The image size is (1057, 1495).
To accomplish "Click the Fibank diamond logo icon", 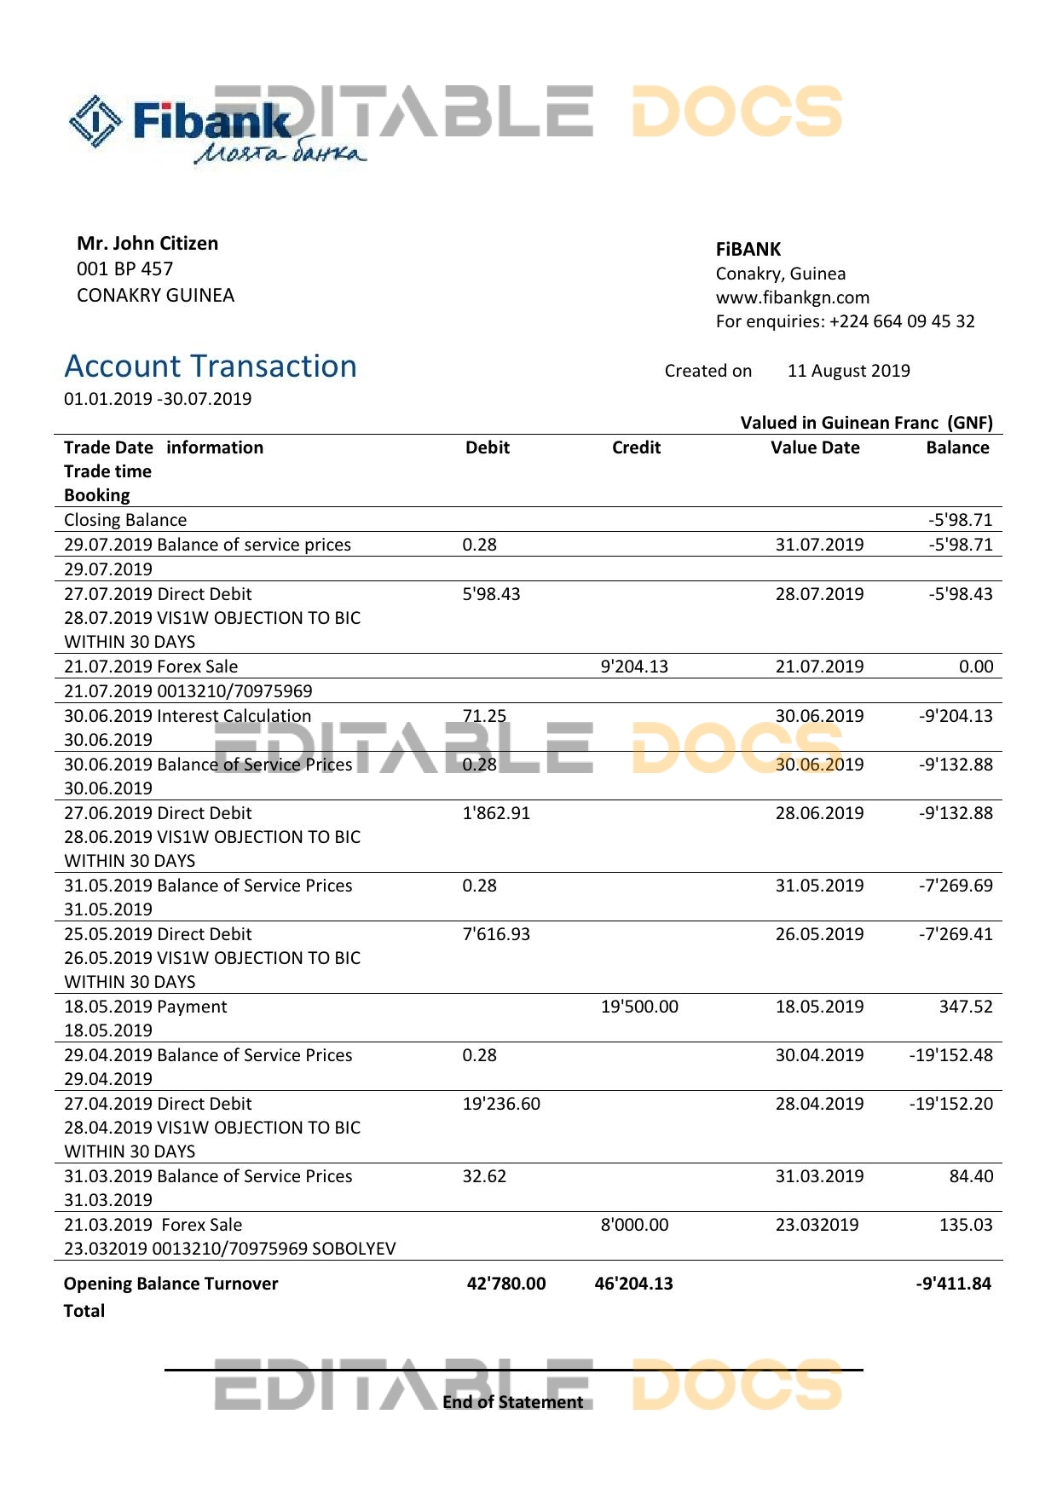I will (95, 121).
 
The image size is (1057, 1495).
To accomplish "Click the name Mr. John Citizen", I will (147, 244).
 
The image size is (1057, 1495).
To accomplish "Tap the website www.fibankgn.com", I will (792, 297).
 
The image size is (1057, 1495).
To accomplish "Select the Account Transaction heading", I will (211, 367).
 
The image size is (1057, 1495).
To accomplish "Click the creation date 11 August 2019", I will (848, 371).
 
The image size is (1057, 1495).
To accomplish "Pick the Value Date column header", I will (815, 447).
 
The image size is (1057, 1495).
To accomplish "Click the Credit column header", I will (636, 447).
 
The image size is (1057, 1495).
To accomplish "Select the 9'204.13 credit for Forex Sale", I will (634, 667).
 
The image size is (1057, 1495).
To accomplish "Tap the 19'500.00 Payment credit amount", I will (639, 1007).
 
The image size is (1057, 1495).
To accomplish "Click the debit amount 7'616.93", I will (496, 934).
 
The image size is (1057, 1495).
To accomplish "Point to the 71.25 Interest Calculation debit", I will (484, 716).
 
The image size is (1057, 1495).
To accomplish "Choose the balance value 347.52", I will (966, 1007).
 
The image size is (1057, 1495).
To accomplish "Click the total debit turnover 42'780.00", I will (506, 1284).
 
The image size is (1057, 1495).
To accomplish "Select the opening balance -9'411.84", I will (953, 1284).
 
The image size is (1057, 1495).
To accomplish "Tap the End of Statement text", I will (513, 1402).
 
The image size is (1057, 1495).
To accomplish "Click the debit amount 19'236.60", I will (501, 1104).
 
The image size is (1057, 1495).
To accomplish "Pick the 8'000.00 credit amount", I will (634, 1225).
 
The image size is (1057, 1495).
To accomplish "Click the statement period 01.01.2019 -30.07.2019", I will (158, 399).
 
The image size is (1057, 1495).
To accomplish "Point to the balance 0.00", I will (976, 667).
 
